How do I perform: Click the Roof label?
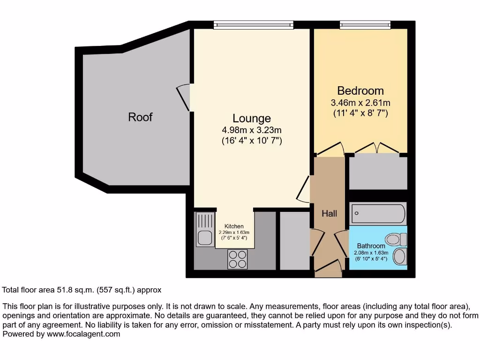[x=140, y=117]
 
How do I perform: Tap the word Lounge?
[x=252, y=118]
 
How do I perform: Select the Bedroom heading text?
[x=360, y=90]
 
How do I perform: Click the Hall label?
[x=329, y=213]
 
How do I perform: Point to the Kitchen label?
[x=234, y=226]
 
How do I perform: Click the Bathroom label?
[x=371, y=246]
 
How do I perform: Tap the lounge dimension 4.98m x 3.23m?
[x=252, y=130]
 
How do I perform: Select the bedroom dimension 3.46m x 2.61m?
[x=360, y=103]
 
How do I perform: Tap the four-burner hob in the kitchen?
[x=238, y=259]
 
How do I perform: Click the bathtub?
[x=377, y=214]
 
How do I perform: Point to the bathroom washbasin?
[x=400, y=256]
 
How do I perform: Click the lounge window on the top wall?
[x=253, y=25]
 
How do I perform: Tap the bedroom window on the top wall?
[x=365, y=25]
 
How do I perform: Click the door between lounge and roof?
[x=184, y=97]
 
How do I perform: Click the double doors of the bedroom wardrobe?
[x=377, y=148]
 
